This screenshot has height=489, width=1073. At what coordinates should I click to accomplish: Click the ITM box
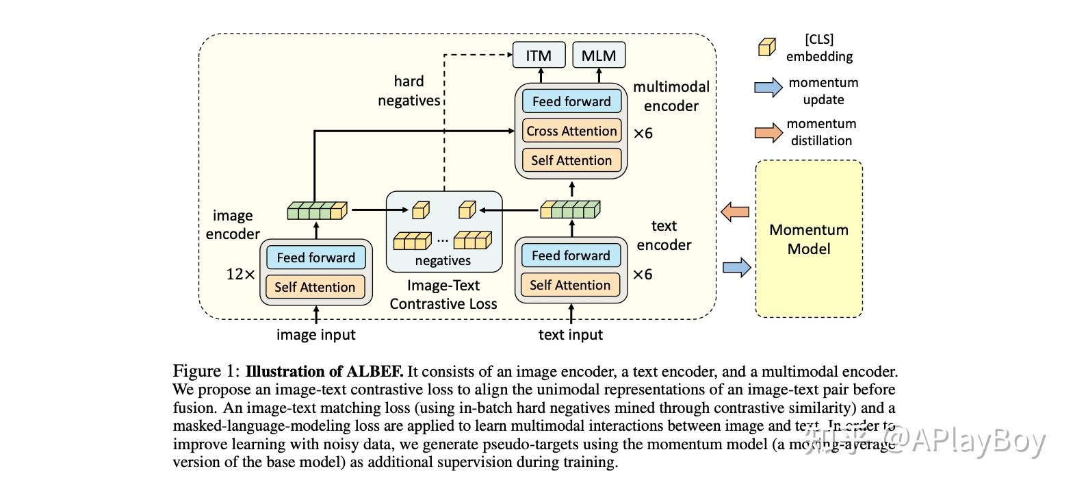coord(539,55)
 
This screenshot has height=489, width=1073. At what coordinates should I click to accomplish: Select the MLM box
coord(599,55)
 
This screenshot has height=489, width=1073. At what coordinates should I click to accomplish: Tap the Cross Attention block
coord(571,131)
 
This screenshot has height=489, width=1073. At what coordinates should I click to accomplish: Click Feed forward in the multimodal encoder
coord(571,101)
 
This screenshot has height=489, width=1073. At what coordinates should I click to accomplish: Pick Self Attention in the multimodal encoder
coord(571,160)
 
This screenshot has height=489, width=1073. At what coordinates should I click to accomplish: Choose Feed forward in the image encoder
coord(315,258)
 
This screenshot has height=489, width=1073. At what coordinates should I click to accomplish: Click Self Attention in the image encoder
coord(315,287)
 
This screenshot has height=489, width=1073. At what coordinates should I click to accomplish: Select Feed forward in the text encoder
coord(571,255)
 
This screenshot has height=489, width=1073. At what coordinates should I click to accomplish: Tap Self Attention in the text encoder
coord(571,285)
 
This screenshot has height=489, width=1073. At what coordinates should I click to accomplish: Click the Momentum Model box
coord(809,239)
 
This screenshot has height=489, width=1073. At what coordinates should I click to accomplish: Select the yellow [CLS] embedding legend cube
coord(766,47)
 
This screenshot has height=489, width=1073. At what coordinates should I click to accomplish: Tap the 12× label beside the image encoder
coord(240,275)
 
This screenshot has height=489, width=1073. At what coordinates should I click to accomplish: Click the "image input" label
coord(315,335)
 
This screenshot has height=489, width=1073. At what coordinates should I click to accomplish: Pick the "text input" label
coord(571,335)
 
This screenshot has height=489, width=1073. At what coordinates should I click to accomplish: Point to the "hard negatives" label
coord(409,91)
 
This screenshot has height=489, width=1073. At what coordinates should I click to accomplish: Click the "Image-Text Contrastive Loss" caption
coord(443,294)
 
